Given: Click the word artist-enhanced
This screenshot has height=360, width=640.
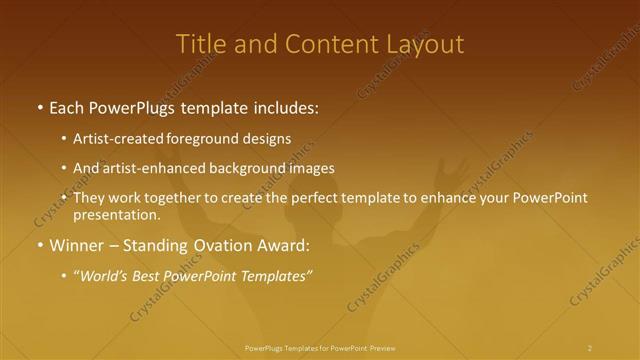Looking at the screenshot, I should [148, 168].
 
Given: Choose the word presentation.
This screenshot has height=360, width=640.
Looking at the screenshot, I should [117, 214].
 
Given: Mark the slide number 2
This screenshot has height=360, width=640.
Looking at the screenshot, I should [590, 347].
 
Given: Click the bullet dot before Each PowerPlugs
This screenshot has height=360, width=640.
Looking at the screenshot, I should [39, 108].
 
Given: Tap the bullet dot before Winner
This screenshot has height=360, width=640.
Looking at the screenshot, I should [39, 246].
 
